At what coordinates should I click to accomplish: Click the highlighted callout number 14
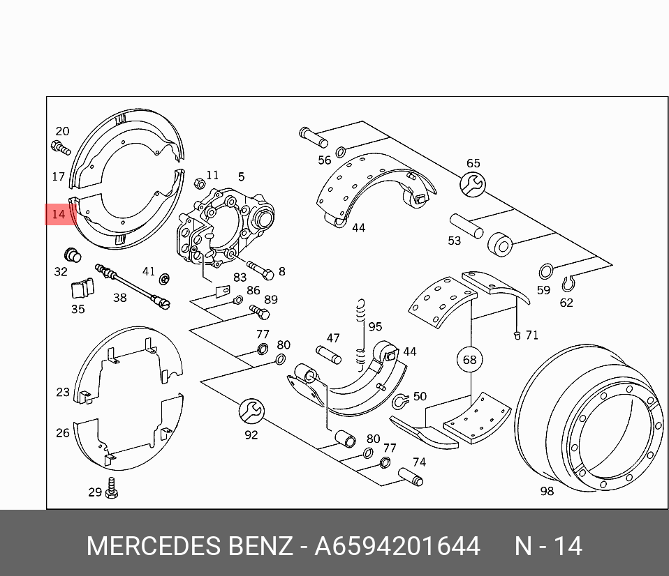tap(59, 214)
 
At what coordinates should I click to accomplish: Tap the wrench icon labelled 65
tap(473, 184)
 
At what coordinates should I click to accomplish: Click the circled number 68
tap(470, 360)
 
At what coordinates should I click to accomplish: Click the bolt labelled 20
tap(61, 147)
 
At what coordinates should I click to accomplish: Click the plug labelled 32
tap(72, 255)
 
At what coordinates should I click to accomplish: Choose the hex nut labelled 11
tap(198, 183)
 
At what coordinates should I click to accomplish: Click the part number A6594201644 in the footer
tap(397, 546)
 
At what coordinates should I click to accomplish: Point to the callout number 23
tap(63, 392)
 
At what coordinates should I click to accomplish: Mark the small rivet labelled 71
tap(517, 335)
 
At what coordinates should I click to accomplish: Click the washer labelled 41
tap(166, 280)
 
